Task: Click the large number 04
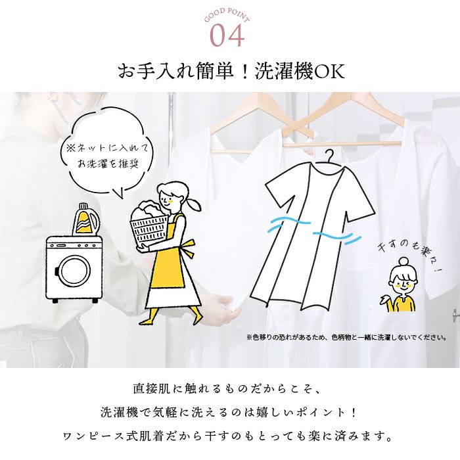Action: coord(227,35)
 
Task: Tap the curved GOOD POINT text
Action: coord(227,14)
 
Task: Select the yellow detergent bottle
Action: coord(85,219)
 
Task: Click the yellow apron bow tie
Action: coord(188,249)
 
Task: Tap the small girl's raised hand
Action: coord(384,300)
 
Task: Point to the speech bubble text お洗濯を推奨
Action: coord(108,164)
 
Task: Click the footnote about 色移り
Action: coord(347,337)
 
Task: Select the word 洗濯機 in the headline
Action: coord(284,71)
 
